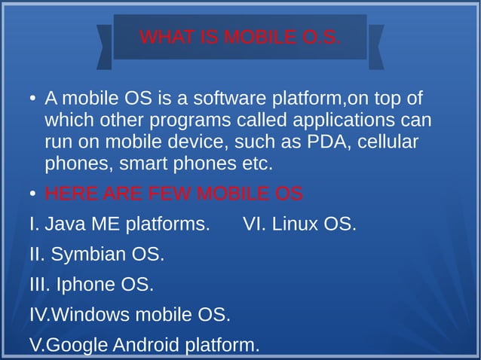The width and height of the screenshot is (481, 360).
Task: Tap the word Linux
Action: pyautogui.click(x=296, y=224)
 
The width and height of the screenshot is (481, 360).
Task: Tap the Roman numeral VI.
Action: pyautogui.click(x=254, y=224)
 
